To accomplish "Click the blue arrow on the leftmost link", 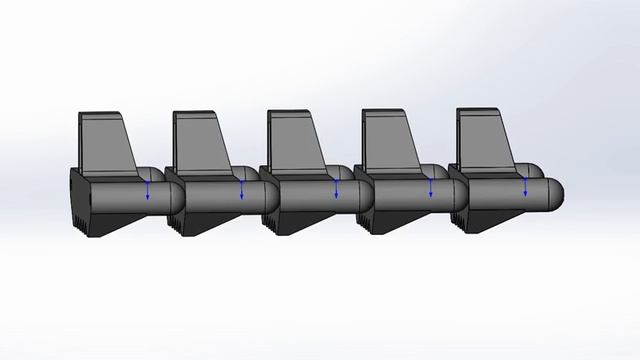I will (148, 190).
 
